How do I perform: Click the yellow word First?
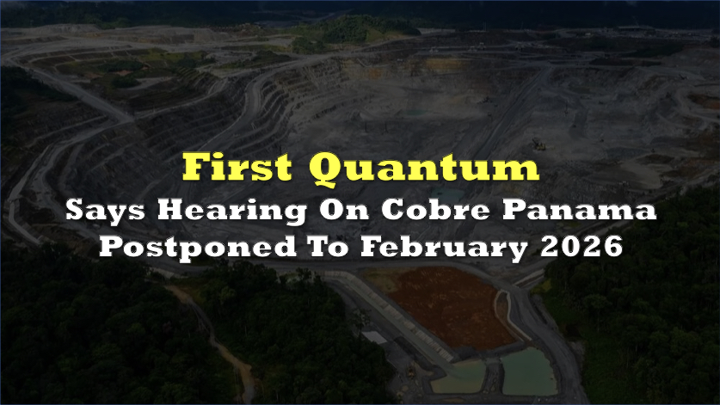[x=237, y=166]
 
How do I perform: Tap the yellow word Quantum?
[x=424, y=168]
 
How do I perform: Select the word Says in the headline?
[x=105, y=212]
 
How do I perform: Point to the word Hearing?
[x=232, y=212]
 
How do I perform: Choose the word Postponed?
[x=198, y=247]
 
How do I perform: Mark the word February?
[x=444, y=248]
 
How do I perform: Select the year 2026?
[x=582, y=246]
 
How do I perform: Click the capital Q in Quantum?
[x=328, y=169]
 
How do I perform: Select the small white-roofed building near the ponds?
[x=375, y=337]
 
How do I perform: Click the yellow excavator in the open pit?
[x=539, y=144]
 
